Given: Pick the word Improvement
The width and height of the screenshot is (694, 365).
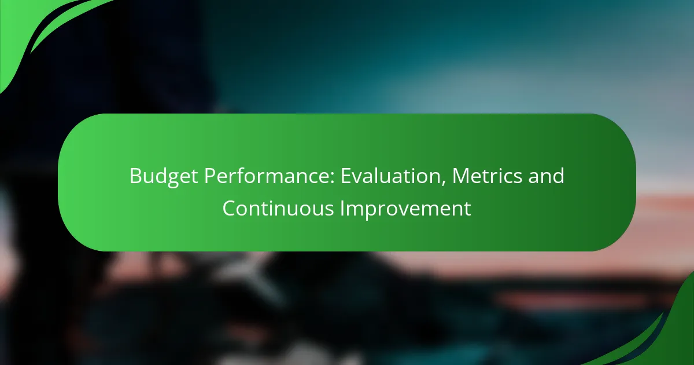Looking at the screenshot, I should (405, 209).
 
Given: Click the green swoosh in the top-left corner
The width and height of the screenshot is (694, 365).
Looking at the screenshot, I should (35, 29).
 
